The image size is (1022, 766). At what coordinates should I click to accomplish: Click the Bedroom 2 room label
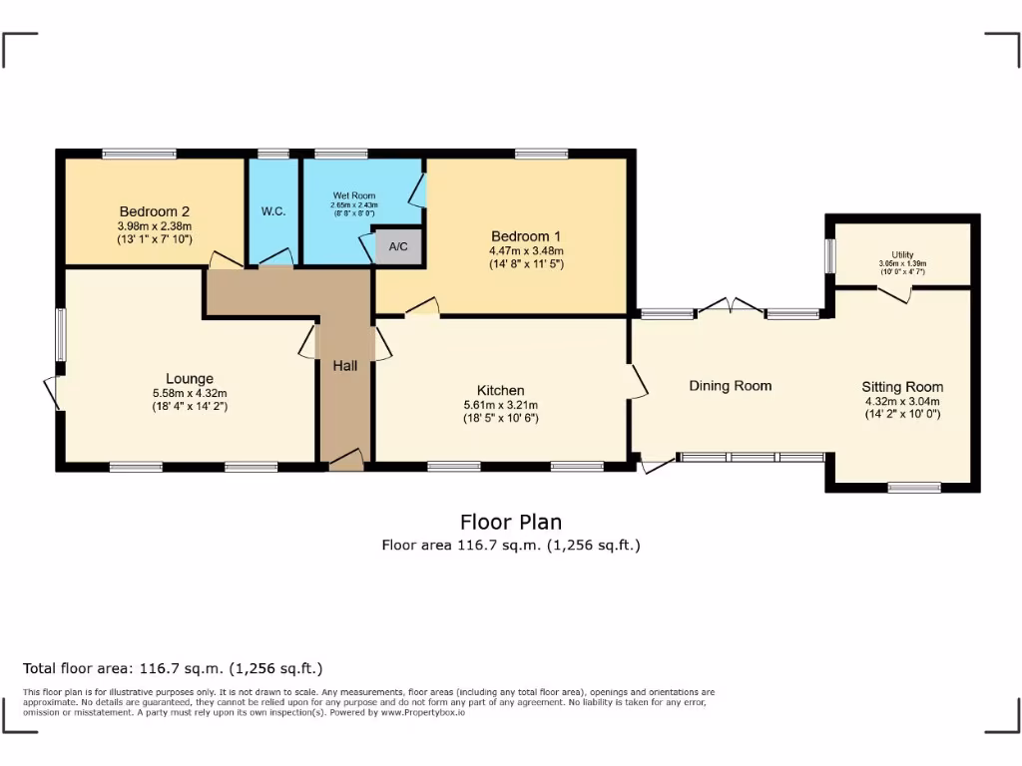(x=155, y=211)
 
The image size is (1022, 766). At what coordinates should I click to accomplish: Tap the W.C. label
(x=273, y=211)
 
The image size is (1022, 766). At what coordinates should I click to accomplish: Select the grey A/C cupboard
(x=398, y=246)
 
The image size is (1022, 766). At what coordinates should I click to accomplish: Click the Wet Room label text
(x=354, y=195)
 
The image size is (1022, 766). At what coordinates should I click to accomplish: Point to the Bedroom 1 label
(x=526, y=235)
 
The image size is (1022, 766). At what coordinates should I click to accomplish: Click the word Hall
(x=345, y=367)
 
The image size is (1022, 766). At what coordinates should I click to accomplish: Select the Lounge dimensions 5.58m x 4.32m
(x=190, y=393)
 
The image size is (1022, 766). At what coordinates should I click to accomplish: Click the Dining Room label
(x=731, y=386)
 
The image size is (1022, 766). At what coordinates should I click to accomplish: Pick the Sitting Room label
(x=902, y=387)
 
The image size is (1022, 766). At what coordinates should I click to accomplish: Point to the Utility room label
(x=903, y=255)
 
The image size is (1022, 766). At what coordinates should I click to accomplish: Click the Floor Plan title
(x=510, y=522)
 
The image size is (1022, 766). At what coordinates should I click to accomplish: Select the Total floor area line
(x=173, y=668)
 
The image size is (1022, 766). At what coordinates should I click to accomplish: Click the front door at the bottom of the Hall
(x=345, y=459)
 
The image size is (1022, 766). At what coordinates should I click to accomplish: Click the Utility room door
(x=894, y=291)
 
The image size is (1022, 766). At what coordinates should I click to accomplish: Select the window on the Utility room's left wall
(x=828, y=255)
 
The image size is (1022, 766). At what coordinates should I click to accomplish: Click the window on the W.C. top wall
(x=273, y=154)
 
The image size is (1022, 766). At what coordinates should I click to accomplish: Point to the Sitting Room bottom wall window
(x=914, y=487)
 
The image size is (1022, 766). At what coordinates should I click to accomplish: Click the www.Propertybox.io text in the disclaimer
(x=422, y=713)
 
